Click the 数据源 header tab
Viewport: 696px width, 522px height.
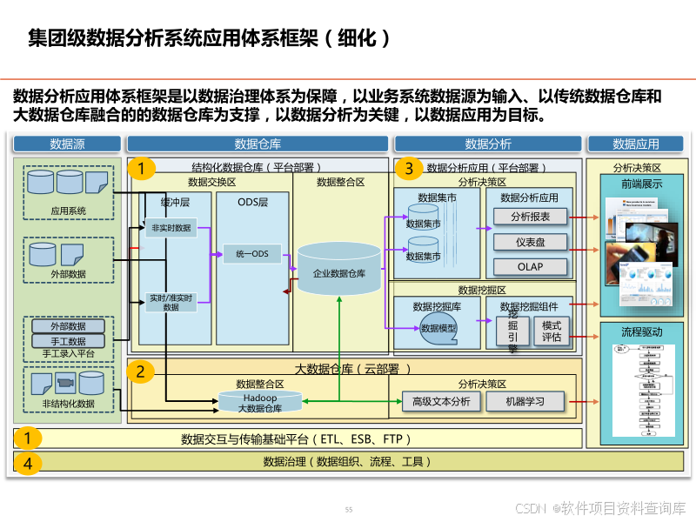[x=67, y=144]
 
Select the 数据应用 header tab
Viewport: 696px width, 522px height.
[x=636, y=144]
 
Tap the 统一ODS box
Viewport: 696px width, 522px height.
[x=252, y=254]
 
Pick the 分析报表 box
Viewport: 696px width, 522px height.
[x=531, y=217]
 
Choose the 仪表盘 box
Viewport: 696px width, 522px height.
[x=531, y=242]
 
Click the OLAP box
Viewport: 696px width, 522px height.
[x=531, y=266]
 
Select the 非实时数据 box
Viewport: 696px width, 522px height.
[x=171, y=228]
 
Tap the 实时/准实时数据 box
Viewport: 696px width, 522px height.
[x=171, y=302]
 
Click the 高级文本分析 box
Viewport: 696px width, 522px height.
[x=441, y=401]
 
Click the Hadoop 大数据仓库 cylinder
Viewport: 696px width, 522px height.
[x=260, y=402]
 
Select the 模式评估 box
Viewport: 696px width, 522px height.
[x=552, y=331]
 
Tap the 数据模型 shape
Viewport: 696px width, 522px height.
[x=438, y=329]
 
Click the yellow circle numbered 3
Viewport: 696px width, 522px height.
[x=409, y=169]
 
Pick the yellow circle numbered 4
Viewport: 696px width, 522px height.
[x=28, y=463]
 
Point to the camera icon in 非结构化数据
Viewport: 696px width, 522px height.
[x=64, y=382]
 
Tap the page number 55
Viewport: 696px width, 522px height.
[x=349, y=509]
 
